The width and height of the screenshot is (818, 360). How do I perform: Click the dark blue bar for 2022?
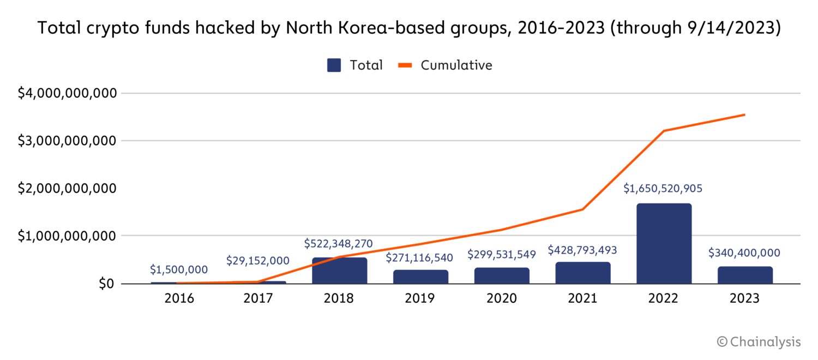click(x=664, y=243)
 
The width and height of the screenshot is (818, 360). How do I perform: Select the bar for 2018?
click(x=339, y=271)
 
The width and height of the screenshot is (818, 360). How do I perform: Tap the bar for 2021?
click(x=583, y=273)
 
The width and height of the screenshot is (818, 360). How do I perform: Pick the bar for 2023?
click(x=745, y=275)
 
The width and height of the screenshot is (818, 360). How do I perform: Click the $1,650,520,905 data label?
click(x=663, y=189)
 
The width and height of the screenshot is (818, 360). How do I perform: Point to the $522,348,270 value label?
click(x=338, y=243)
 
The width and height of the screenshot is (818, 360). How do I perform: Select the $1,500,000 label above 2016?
click(x=178, y=269)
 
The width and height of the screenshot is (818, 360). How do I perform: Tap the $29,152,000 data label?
click(x=258, y=261)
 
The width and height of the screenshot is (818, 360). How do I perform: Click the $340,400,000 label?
click(x=744, y=253)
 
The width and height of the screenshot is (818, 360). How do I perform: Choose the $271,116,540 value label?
click(x=419, y=257)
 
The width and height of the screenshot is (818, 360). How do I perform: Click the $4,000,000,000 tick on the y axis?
click(x=67, y=93)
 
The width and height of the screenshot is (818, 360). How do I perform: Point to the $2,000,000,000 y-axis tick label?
click(x=67, y=188)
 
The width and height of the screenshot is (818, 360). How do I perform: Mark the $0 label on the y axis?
click(x=107, y=284)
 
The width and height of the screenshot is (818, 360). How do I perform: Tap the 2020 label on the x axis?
click(x=501, y=299)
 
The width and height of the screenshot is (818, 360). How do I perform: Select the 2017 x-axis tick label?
click(x=258, y=299)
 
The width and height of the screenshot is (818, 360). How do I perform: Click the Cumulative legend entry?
click(x=456, y=65)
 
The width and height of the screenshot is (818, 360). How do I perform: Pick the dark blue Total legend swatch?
click(x=334, y=65)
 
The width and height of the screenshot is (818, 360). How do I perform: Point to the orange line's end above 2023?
click(x=745, y=115)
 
